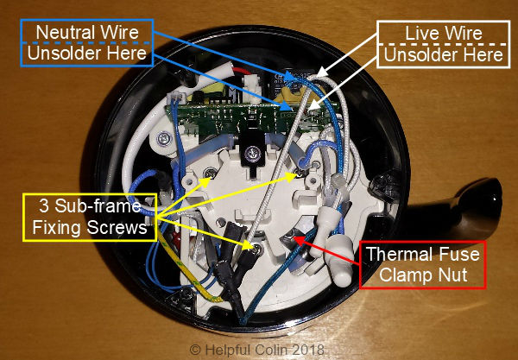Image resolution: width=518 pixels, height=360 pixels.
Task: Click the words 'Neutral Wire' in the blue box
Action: pyautogui.click(x=83, y=33)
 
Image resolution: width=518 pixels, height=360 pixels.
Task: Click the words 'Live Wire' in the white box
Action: pyautogui.click(x=440, y=34)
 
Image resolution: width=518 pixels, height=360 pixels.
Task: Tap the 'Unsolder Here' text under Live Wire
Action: pyautogui.click(x=440, y=54)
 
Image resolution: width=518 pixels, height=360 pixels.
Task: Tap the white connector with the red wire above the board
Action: pyautogui.click(x=186, y=78)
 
